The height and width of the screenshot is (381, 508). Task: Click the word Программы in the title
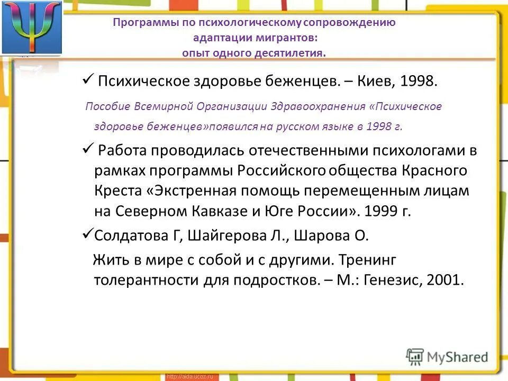coord(139,23)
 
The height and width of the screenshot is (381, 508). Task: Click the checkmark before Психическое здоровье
coord(87,81)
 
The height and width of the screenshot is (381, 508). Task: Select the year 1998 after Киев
coord(419,82)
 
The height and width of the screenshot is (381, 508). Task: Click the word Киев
coord(377,82)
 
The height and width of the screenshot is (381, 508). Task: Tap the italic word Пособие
coord(108,106)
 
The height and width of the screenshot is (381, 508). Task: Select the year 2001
coord(443,280)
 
